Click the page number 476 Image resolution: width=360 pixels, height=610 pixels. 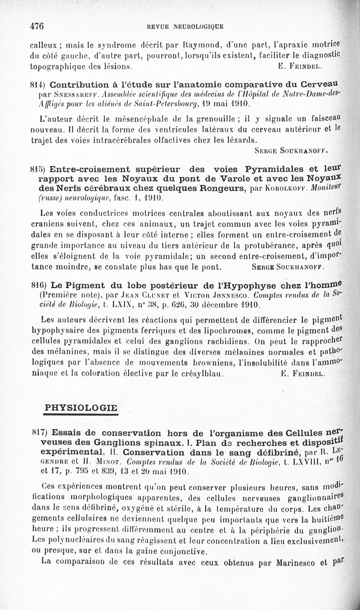[36, 26]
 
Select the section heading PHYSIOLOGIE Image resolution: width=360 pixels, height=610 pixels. [81, 408]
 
